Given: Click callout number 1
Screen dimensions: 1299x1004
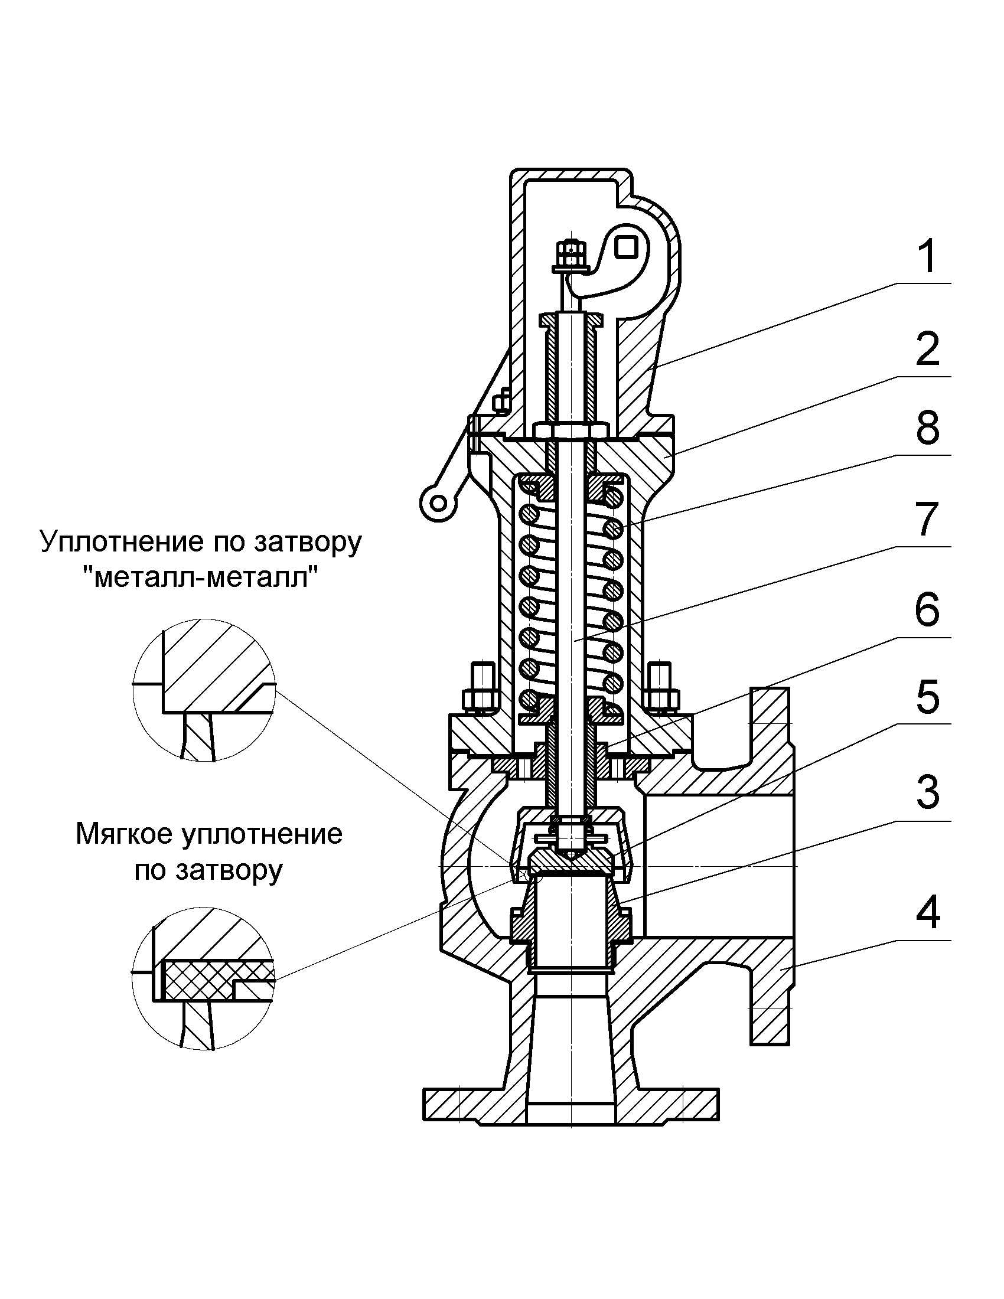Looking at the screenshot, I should [927, 256].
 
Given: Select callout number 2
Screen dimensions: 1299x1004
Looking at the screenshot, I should [927, 350].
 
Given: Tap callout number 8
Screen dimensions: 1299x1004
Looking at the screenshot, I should [927, 427].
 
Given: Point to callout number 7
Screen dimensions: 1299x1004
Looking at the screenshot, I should [927, 518].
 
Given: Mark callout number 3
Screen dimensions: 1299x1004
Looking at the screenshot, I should [927, 792].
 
